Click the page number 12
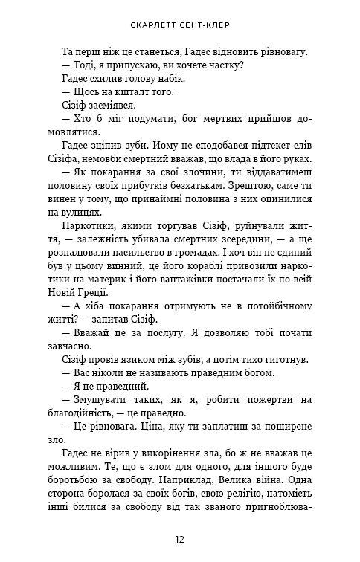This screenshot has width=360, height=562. pyautogui.click(x=180, y=539)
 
